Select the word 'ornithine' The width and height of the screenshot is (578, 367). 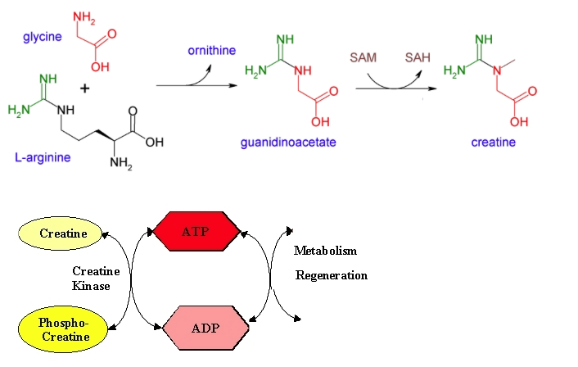coord(212,52)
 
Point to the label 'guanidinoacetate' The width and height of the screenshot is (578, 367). coord(288,143)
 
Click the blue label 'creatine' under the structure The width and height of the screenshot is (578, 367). coord(493,143)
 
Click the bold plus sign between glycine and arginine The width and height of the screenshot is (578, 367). coord(84,88)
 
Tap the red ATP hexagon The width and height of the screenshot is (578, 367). coord(195,232)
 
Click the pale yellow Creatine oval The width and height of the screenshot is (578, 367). coord(63,234)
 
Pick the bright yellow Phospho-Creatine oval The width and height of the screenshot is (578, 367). coord(63,329)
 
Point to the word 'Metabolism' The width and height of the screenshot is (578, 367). coord(325,251)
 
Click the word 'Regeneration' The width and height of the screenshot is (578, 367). coord(331,275)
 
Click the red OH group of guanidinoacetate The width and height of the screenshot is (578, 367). coord(320,122)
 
